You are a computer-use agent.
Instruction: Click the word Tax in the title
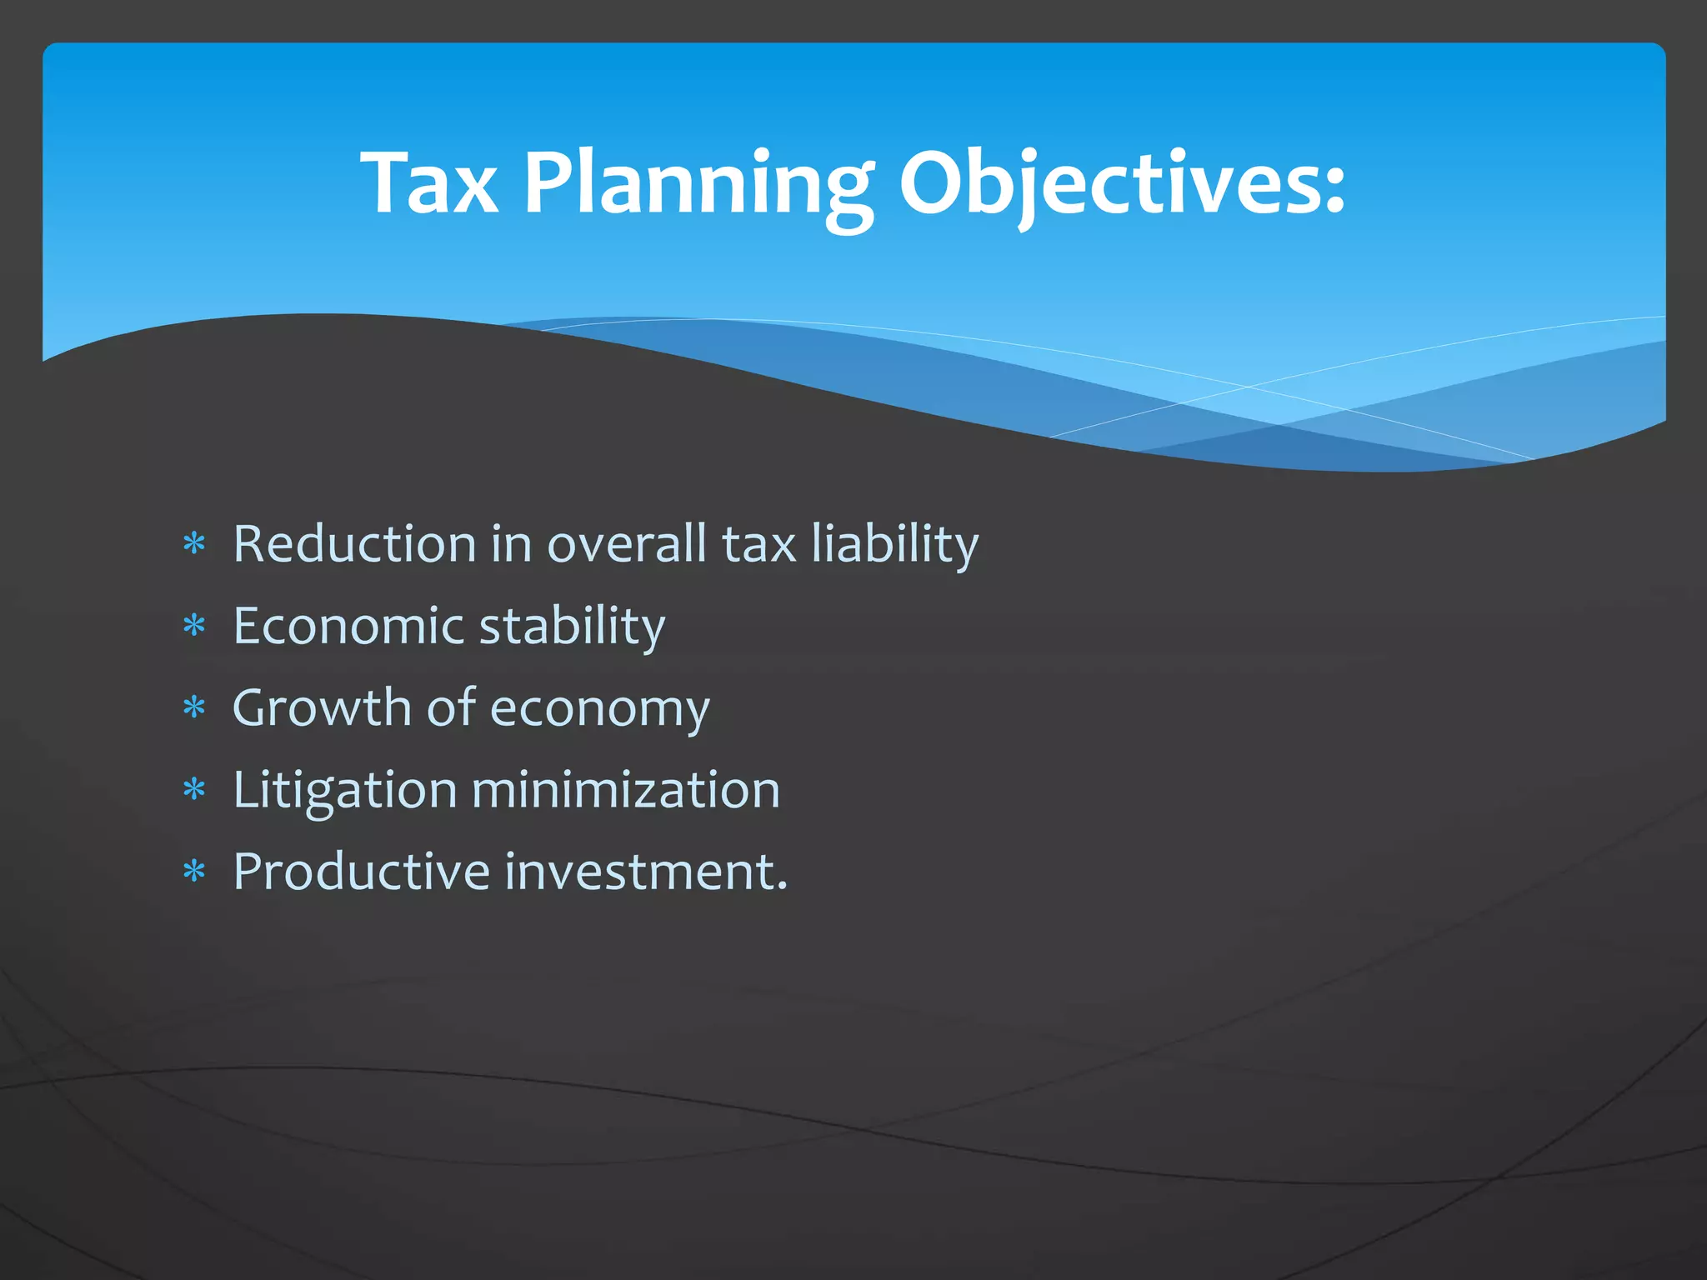429,183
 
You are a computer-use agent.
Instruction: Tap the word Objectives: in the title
1121,185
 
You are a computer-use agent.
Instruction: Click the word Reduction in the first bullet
354,543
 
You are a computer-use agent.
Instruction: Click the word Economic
348,625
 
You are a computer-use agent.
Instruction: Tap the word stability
573,627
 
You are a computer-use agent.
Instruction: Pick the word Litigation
345,790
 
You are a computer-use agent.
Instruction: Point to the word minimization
626,789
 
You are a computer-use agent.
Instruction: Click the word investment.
646,872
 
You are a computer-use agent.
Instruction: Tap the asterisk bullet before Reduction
194,544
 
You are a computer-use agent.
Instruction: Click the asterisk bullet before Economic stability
194,625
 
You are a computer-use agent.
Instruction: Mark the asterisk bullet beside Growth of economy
194,707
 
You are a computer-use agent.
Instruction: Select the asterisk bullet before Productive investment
194,872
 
